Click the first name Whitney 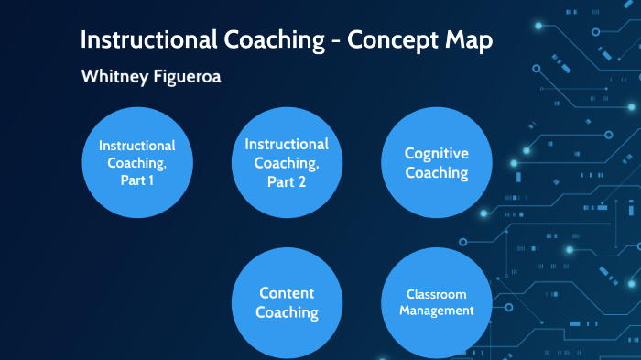coord(115,77)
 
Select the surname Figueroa coord(187,77)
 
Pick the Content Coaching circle coord(287,302)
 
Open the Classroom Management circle coord(437,302)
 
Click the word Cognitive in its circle coord(437,154)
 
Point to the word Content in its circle coord(287,293)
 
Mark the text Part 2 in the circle coord(287,180)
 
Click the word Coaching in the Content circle coord(287,313)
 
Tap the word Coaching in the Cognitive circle coord(437,173)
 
